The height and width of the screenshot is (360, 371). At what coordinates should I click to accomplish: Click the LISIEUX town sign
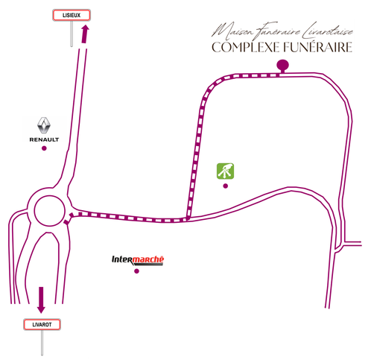click(x=72, y=15)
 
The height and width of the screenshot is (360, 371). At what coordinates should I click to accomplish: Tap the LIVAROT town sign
click(x=42, y=324)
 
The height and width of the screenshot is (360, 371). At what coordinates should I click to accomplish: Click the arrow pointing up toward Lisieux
click(x=85, y=34)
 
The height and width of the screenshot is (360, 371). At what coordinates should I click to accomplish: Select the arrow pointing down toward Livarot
click(x=41, y=300)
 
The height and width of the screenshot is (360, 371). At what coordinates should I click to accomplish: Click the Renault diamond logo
click(x=44, y=125)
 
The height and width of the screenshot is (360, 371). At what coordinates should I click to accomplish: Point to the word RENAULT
click(x=44, y=139)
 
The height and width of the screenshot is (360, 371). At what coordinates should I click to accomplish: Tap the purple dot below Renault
click(x=44, y=148)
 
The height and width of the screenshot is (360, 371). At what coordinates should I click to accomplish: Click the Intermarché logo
click(x=138, y=260)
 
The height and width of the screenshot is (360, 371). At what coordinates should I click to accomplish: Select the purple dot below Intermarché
click(x=136, y=271)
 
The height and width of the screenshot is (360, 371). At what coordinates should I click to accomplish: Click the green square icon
click(x=226, y=171)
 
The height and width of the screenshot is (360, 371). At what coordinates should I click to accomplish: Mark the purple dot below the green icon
click(x=226, y=186)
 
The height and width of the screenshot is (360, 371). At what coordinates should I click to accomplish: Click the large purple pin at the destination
click(x=282, y=66)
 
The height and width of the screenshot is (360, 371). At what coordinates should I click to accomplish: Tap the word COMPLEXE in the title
click(x=246, y=47)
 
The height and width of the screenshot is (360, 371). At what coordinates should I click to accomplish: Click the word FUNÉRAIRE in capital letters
click(x=318, y=47)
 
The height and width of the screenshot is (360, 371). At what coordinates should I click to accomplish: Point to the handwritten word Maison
click(x=233, y=31)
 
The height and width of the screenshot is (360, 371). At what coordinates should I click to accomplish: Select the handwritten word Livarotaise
click(x=328, y=31)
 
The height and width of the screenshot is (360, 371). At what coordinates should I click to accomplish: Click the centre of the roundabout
click(x=49, y=211)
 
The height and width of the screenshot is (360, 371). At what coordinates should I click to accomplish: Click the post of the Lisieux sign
click(x=72, y=34)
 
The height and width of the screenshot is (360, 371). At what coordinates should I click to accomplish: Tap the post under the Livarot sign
click(x=42, y=343)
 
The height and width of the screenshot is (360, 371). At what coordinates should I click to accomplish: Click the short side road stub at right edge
click(x=352, y=244)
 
